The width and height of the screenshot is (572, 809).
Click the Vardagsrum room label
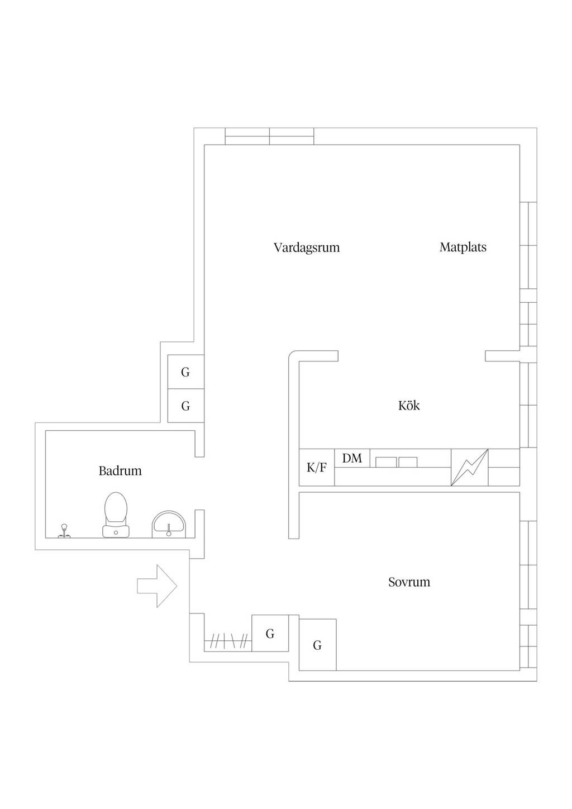(307, 248)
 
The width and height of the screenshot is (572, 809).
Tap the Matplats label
(463, 248)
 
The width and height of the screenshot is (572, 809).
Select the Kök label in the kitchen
(409, 406)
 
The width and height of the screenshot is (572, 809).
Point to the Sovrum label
(409, 582)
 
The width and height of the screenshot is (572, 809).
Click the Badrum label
(120, 471)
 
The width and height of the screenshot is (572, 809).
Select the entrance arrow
(157, 586)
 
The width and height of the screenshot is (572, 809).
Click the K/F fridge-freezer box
(317, 467)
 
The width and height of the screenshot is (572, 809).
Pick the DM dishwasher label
(352, 458)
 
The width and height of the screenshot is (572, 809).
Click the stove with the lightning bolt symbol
(469, 467)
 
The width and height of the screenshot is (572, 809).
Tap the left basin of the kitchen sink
(386, 462)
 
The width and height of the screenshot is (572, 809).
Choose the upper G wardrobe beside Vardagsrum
(186, 372)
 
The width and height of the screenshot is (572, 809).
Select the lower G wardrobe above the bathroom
(186, 406)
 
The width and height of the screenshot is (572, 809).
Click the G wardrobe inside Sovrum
(318, 645)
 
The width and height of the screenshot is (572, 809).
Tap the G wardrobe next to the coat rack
(270, 633)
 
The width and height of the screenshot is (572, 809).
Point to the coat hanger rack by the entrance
(228, 641)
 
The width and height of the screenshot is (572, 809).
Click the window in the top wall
(269, 136)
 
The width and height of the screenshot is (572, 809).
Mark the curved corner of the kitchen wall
(294, 356)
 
